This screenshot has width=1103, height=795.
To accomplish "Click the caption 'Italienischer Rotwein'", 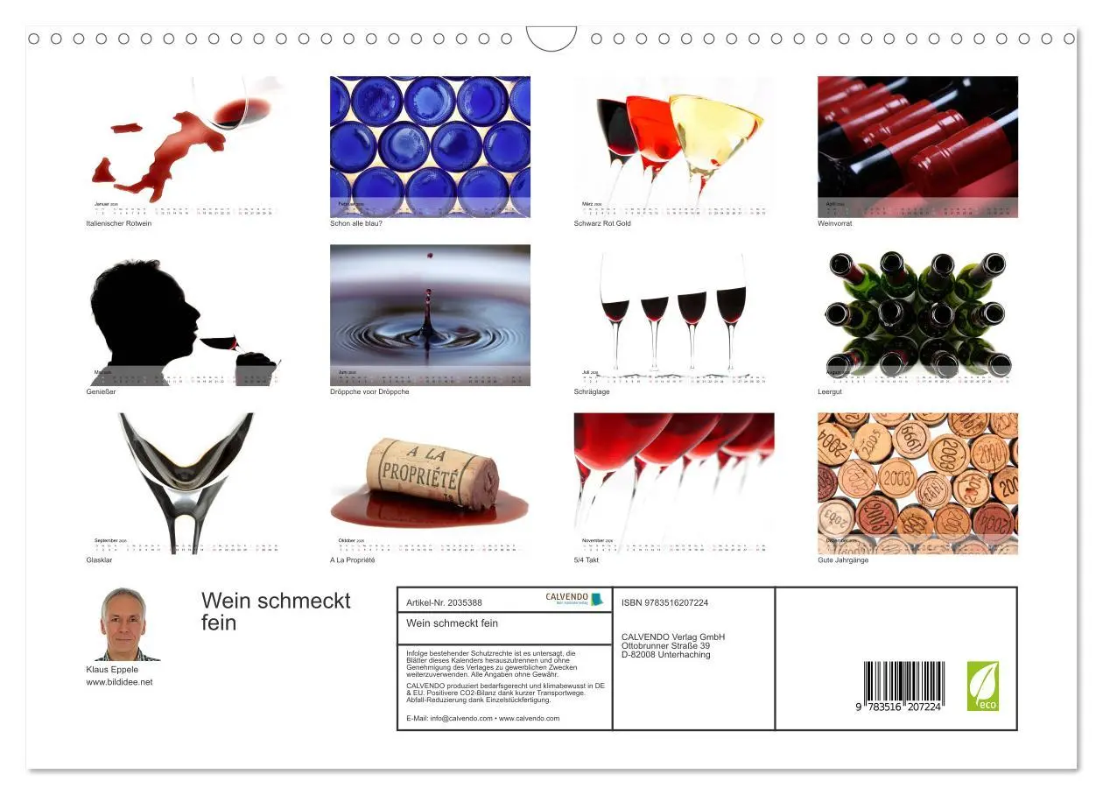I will (x=118, y=223).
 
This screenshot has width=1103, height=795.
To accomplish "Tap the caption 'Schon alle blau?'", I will (x=356, y=223).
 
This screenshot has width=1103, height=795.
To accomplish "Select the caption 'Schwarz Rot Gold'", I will (x=602, y=223).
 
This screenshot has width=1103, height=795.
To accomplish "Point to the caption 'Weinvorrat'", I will (x=834, y=223).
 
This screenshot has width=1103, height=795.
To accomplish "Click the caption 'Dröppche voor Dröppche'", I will (x=369, y=391).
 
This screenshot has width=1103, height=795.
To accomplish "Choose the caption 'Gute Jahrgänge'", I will (x=843, y=560).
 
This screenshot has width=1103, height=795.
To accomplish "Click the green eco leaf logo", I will (x=982, y=686).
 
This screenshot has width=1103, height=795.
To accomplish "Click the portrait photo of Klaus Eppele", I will (x=123, y=624).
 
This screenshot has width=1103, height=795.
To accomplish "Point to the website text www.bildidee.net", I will (x=119, y=682).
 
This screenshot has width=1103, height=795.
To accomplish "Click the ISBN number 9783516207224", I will (x=664, y=602).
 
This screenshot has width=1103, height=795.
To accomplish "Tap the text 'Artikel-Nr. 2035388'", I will (x=445, y=602).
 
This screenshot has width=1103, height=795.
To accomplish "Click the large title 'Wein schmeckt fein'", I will (x=275, y=611).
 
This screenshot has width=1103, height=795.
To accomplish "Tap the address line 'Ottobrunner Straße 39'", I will (x=665, y=646).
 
